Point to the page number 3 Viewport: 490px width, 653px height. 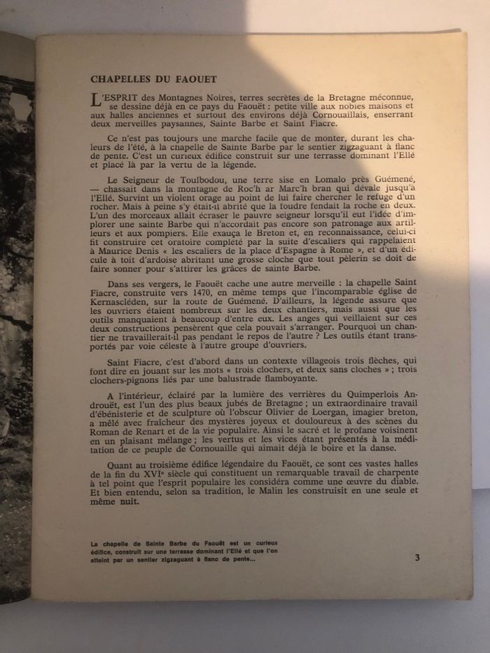coord(417,558)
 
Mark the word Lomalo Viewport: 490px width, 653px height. coord(335,179)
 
